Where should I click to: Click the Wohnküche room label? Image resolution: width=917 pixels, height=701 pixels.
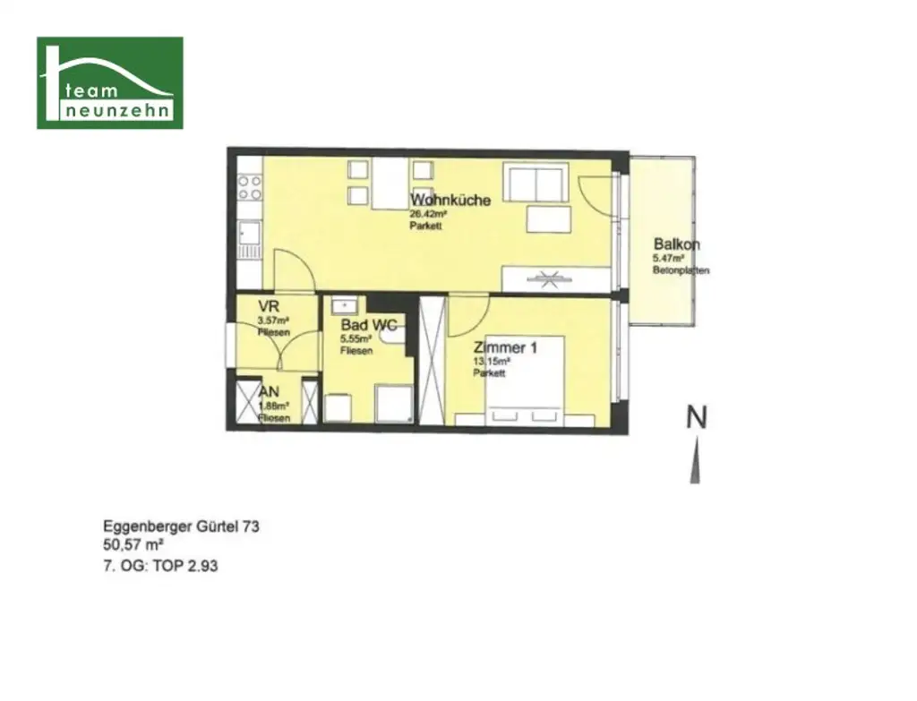click(450, 201)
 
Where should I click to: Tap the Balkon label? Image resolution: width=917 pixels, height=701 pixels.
click(676, 244)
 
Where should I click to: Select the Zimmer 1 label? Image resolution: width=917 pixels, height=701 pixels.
click(505, 348)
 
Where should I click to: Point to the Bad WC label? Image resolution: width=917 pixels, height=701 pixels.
click(369, 326)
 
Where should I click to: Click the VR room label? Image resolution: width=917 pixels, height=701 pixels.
click(268, 307)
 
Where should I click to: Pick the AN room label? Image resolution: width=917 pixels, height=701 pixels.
click(268, 392)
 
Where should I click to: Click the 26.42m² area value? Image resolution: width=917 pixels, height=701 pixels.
click(428, 215)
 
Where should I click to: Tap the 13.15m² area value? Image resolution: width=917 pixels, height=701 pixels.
click(492, 362)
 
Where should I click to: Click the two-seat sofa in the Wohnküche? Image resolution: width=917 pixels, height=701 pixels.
click(534, 183)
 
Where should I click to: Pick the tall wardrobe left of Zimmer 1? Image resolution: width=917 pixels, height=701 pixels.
click(432, 360)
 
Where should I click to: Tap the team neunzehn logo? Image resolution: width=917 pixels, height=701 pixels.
click(110, 82)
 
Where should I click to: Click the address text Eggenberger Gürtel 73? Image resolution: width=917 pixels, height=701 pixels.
click(182, 527)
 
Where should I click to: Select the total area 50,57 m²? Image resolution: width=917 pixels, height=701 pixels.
click(133, 544)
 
